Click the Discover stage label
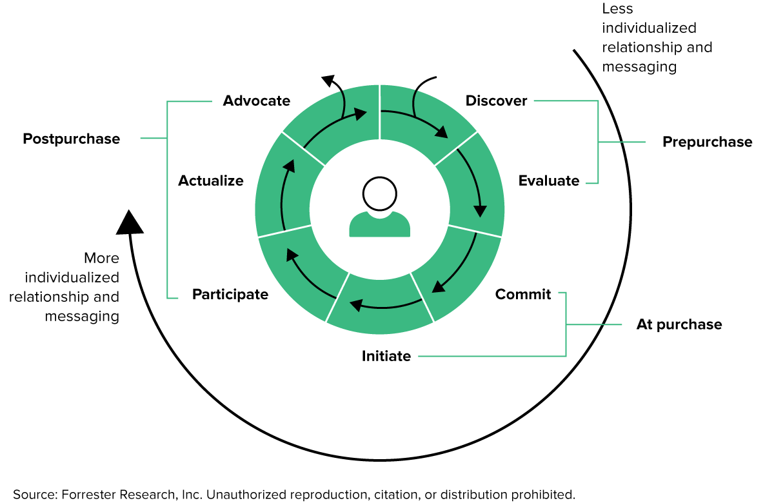click(496, 101)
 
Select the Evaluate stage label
click(549, 181)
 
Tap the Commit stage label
click(523, 294)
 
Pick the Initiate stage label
click(386, 355)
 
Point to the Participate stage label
click(230, 294)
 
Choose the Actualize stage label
click(211, 181)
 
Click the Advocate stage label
click(257, 101)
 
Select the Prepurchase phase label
click(707, 142)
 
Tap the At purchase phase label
click(679, 324)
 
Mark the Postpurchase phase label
click(72, 139)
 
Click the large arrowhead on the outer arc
click(130, 222)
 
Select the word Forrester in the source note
click(92, 495)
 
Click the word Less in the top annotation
click(617, 9)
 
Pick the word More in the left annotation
click(102, 259)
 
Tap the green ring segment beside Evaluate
click(470, 181)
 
